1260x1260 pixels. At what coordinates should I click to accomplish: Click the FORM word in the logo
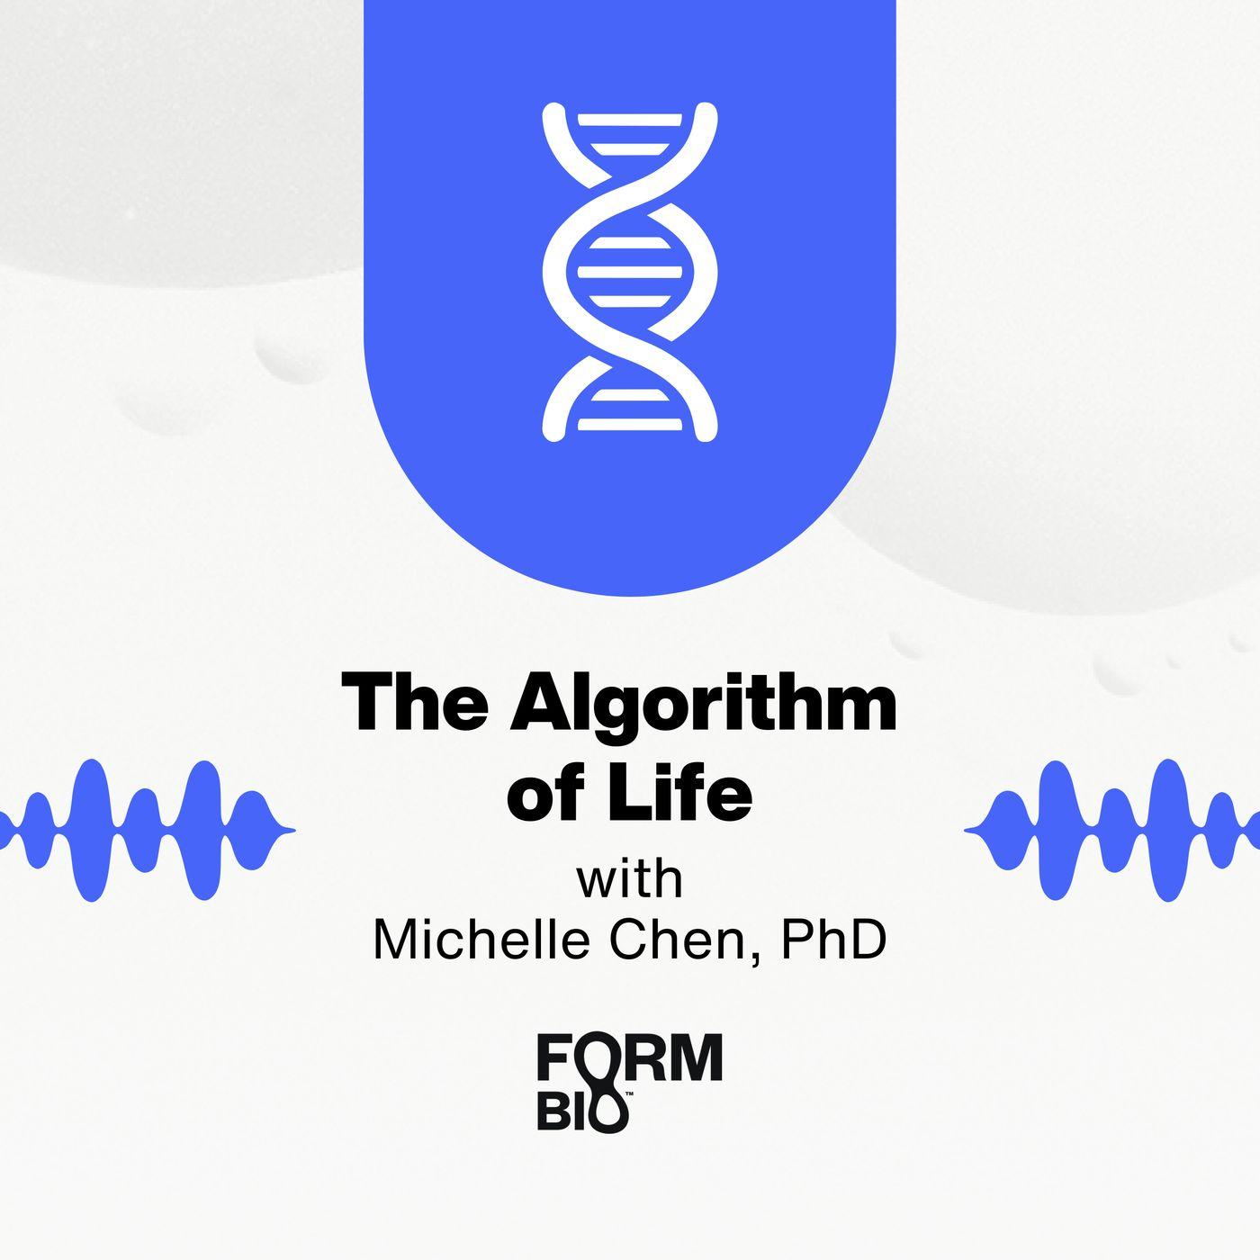630,1057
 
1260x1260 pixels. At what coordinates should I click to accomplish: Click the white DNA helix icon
630,272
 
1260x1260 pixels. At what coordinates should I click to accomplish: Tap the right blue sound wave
1111,830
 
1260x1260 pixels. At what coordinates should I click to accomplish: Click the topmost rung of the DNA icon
630,120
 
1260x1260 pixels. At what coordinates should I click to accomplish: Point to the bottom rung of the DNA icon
630,424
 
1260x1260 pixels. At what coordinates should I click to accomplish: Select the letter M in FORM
697,1057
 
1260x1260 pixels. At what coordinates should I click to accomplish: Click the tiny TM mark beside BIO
629,1093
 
